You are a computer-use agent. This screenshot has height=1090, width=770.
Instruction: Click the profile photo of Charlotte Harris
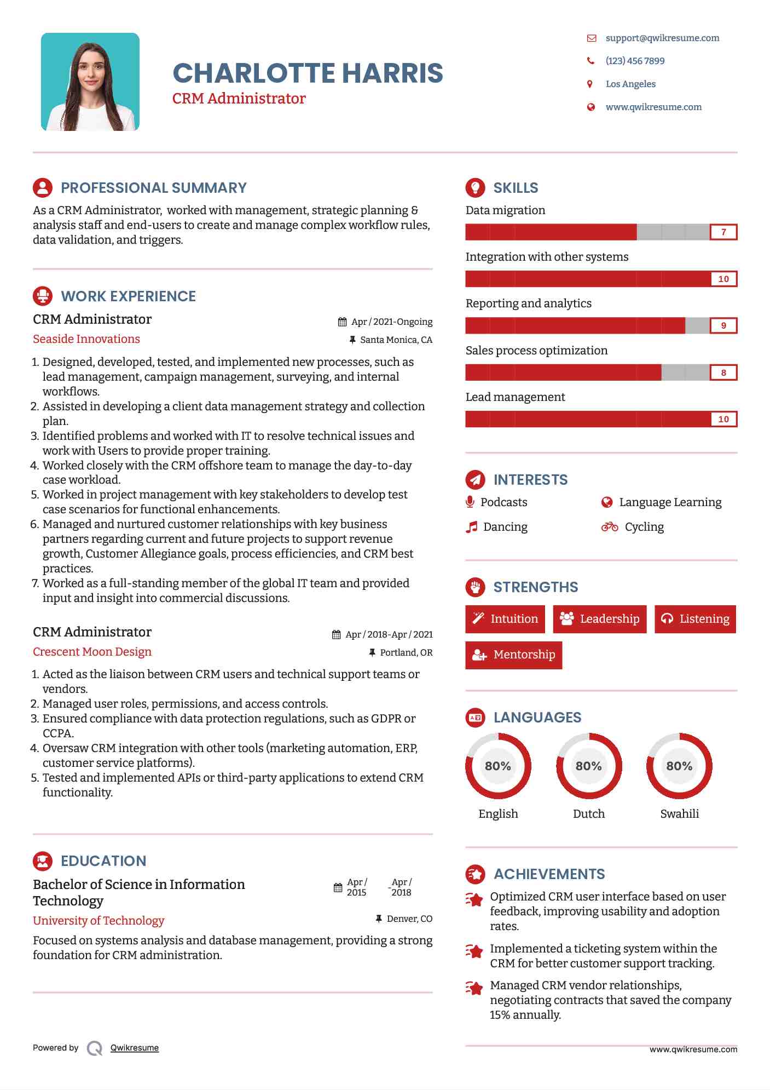click(x=90, y=82)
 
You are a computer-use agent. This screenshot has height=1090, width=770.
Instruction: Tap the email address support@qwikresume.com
click(x=662, y=38)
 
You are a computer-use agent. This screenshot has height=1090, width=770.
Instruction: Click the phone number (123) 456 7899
click(x=635, y=61)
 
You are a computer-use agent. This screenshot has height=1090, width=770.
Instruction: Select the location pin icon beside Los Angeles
click(x=590, y=84)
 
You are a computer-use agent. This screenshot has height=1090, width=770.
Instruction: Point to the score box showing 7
click(x=723, y=232)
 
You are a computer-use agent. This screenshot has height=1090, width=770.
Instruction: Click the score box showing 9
click(x=723, y=325)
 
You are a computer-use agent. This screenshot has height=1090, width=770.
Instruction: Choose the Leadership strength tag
click(x=599, y=619)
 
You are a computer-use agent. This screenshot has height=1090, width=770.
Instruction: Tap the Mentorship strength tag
click(x=513, y=655)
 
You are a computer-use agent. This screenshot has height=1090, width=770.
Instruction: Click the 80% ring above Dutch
click(x=589, y=766)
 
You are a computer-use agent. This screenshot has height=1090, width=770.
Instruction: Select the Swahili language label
click(x=679, y=814)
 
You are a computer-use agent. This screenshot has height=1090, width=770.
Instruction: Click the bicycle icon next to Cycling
click(x=609, y=527)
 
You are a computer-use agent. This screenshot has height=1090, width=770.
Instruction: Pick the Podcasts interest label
click(x=503, y=502)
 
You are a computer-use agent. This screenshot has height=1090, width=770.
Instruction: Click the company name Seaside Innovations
click(x=86, y=339)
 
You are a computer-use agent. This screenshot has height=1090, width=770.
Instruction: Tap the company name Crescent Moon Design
click(x=92, y=652)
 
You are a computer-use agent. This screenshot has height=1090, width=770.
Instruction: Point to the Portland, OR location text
click(x=406, y=652)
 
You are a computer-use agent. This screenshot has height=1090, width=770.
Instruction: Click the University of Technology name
click(x=99, y=921)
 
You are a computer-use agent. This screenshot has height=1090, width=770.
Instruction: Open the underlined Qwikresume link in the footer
click(x=135, y=1048)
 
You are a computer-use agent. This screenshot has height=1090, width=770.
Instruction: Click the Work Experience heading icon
click(x=43, y=296)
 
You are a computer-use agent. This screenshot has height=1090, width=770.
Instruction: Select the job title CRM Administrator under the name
click(x=239, y=99)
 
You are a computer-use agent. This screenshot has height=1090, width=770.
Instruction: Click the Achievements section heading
click(x=549, y=874)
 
